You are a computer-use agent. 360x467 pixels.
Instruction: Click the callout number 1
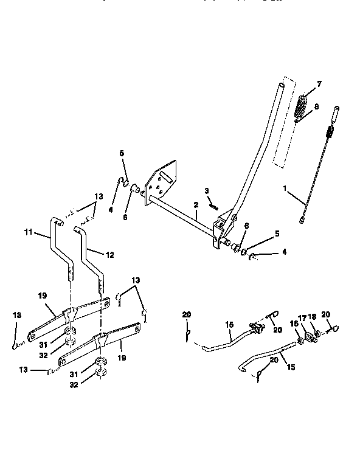285,189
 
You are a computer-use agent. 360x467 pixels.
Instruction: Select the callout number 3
207,192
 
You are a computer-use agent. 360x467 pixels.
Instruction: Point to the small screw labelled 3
213,205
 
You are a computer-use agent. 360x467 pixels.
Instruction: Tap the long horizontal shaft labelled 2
182,215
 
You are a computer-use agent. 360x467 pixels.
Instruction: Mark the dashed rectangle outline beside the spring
286,128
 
